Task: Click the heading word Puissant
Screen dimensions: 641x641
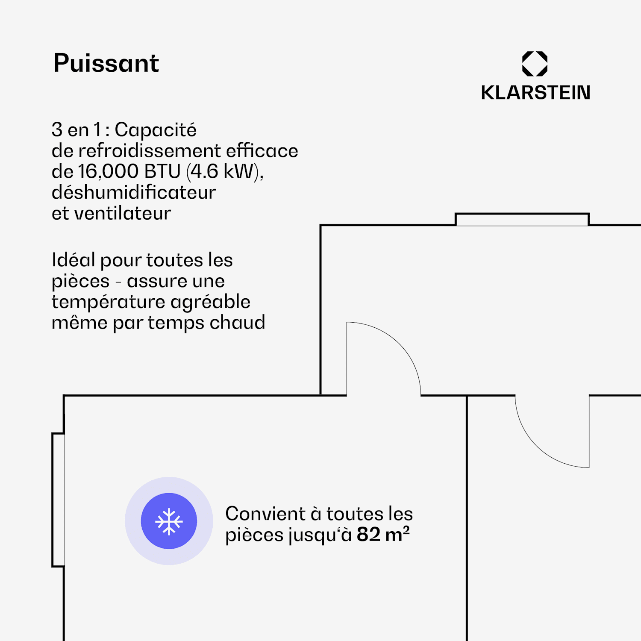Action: [x=106, y=63]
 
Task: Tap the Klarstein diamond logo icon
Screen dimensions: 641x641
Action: [x=535, y=64]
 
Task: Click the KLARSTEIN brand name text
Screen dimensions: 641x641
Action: [x=535, y=93]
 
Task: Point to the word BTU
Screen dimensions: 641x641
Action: [x=162, y=171]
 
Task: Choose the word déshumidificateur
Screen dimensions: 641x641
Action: [x=133, y=192]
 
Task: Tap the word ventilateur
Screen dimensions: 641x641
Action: [x=123, y=213]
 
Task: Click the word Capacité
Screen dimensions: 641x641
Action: [x=156, y=129]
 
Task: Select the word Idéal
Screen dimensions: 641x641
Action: [x=73, y=260]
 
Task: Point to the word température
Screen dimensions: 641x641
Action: [x=109, y=302]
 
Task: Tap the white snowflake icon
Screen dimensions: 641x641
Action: [x=169, y=521]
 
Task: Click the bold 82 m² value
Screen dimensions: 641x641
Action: [x=383, y=534]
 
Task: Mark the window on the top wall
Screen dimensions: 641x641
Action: [x=522, y=219]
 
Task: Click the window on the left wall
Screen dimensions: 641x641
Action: [x=59, y=500]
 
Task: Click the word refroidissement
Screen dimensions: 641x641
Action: [x=150, y=151]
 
